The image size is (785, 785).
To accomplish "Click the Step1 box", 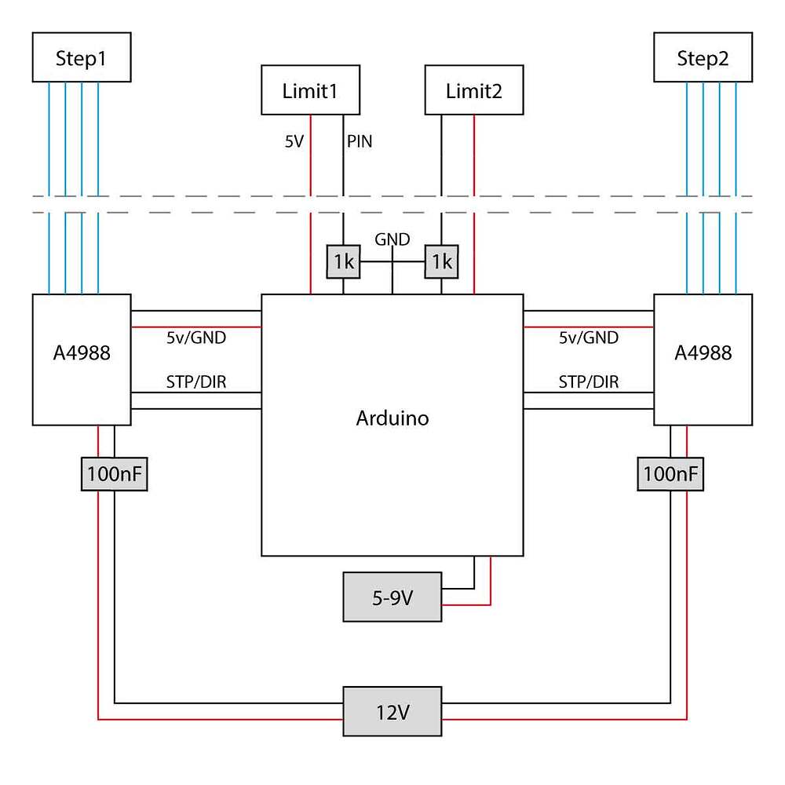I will tap(81, 58).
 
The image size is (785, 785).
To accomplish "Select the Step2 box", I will tap(703, 58).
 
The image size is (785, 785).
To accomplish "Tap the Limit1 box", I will tap(310, 91).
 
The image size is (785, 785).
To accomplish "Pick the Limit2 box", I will tap(473, 91).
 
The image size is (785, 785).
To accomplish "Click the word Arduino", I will tap(392, 418).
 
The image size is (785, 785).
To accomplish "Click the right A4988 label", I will tap(703, 352).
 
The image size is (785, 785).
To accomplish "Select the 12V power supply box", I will tap(392, 711).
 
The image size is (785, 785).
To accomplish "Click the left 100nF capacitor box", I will tap(115, 474).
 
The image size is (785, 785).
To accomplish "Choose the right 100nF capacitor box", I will tap(670, 474).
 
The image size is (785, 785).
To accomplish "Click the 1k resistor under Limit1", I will tap(343, 261).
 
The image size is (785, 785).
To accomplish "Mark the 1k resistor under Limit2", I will tap(441, 261).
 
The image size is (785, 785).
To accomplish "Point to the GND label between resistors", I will tap(392, 240).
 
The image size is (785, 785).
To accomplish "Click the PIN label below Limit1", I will tap(360, 142).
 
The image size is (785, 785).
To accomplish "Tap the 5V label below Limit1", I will tap(294, 142).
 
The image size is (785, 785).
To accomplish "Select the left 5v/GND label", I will tap(196, 338).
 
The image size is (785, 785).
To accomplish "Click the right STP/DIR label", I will tap(589, 382).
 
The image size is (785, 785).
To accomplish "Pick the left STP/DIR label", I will tap(196, 382).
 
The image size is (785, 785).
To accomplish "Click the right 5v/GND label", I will tap(589, 338).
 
